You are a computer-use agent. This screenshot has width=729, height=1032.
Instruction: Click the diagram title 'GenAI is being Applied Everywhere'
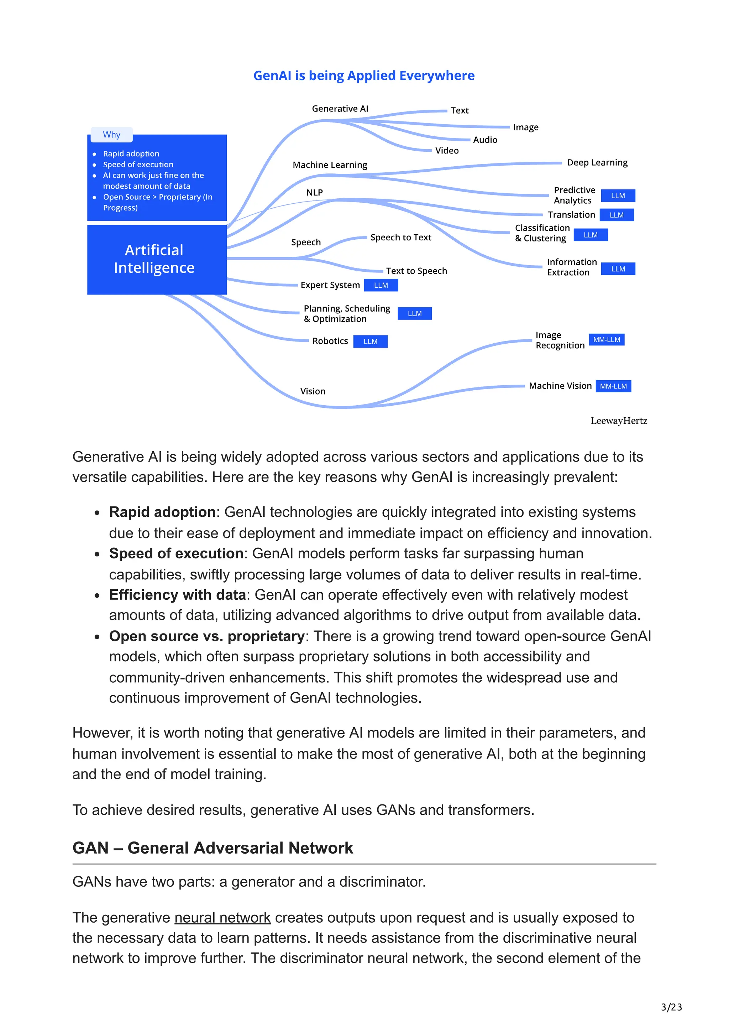coord(364,75)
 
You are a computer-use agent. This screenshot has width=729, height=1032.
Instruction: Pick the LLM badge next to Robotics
coord(370,342)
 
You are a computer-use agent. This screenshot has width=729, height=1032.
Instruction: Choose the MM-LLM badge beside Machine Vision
coord(613,386)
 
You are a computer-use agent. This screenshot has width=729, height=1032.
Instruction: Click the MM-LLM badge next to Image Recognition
coord(607,340)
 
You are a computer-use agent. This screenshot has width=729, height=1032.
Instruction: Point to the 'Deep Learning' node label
coord(597,163)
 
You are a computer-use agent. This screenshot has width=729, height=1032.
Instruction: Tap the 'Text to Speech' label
coord(416,271)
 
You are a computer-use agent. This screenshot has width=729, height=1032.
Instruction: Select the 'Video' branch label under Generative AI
coord(447,151)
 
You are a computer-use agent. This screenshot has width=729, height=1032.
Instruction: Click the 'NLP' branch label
coord(314,192)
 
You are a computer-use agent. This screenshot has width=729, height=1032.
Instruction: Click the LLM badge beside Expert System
coord(381,285)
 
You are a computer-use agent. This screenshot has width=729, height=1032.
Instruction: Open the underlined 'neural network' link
coord(222,917)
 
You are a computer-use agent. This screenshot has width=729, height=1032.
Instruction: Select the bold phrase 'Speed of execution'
coord(176,553)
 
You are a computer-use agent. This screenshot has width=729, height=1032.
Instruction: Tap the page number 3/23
coord(671,1007)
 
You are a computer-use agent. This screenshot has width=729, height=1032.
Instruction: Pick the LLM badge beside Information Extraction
coord(618,269)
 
